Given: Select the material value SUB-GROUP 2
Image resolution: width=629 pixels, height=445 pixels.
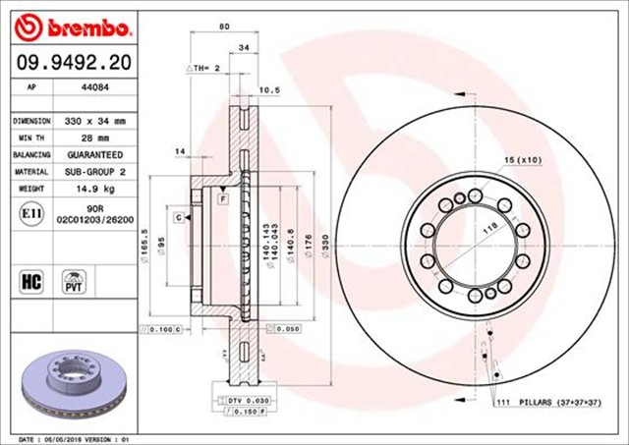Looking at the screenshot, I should [94, 172].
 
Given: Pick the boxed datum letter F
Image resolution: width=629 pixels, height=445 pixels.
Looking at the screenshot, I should [224, 198].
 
